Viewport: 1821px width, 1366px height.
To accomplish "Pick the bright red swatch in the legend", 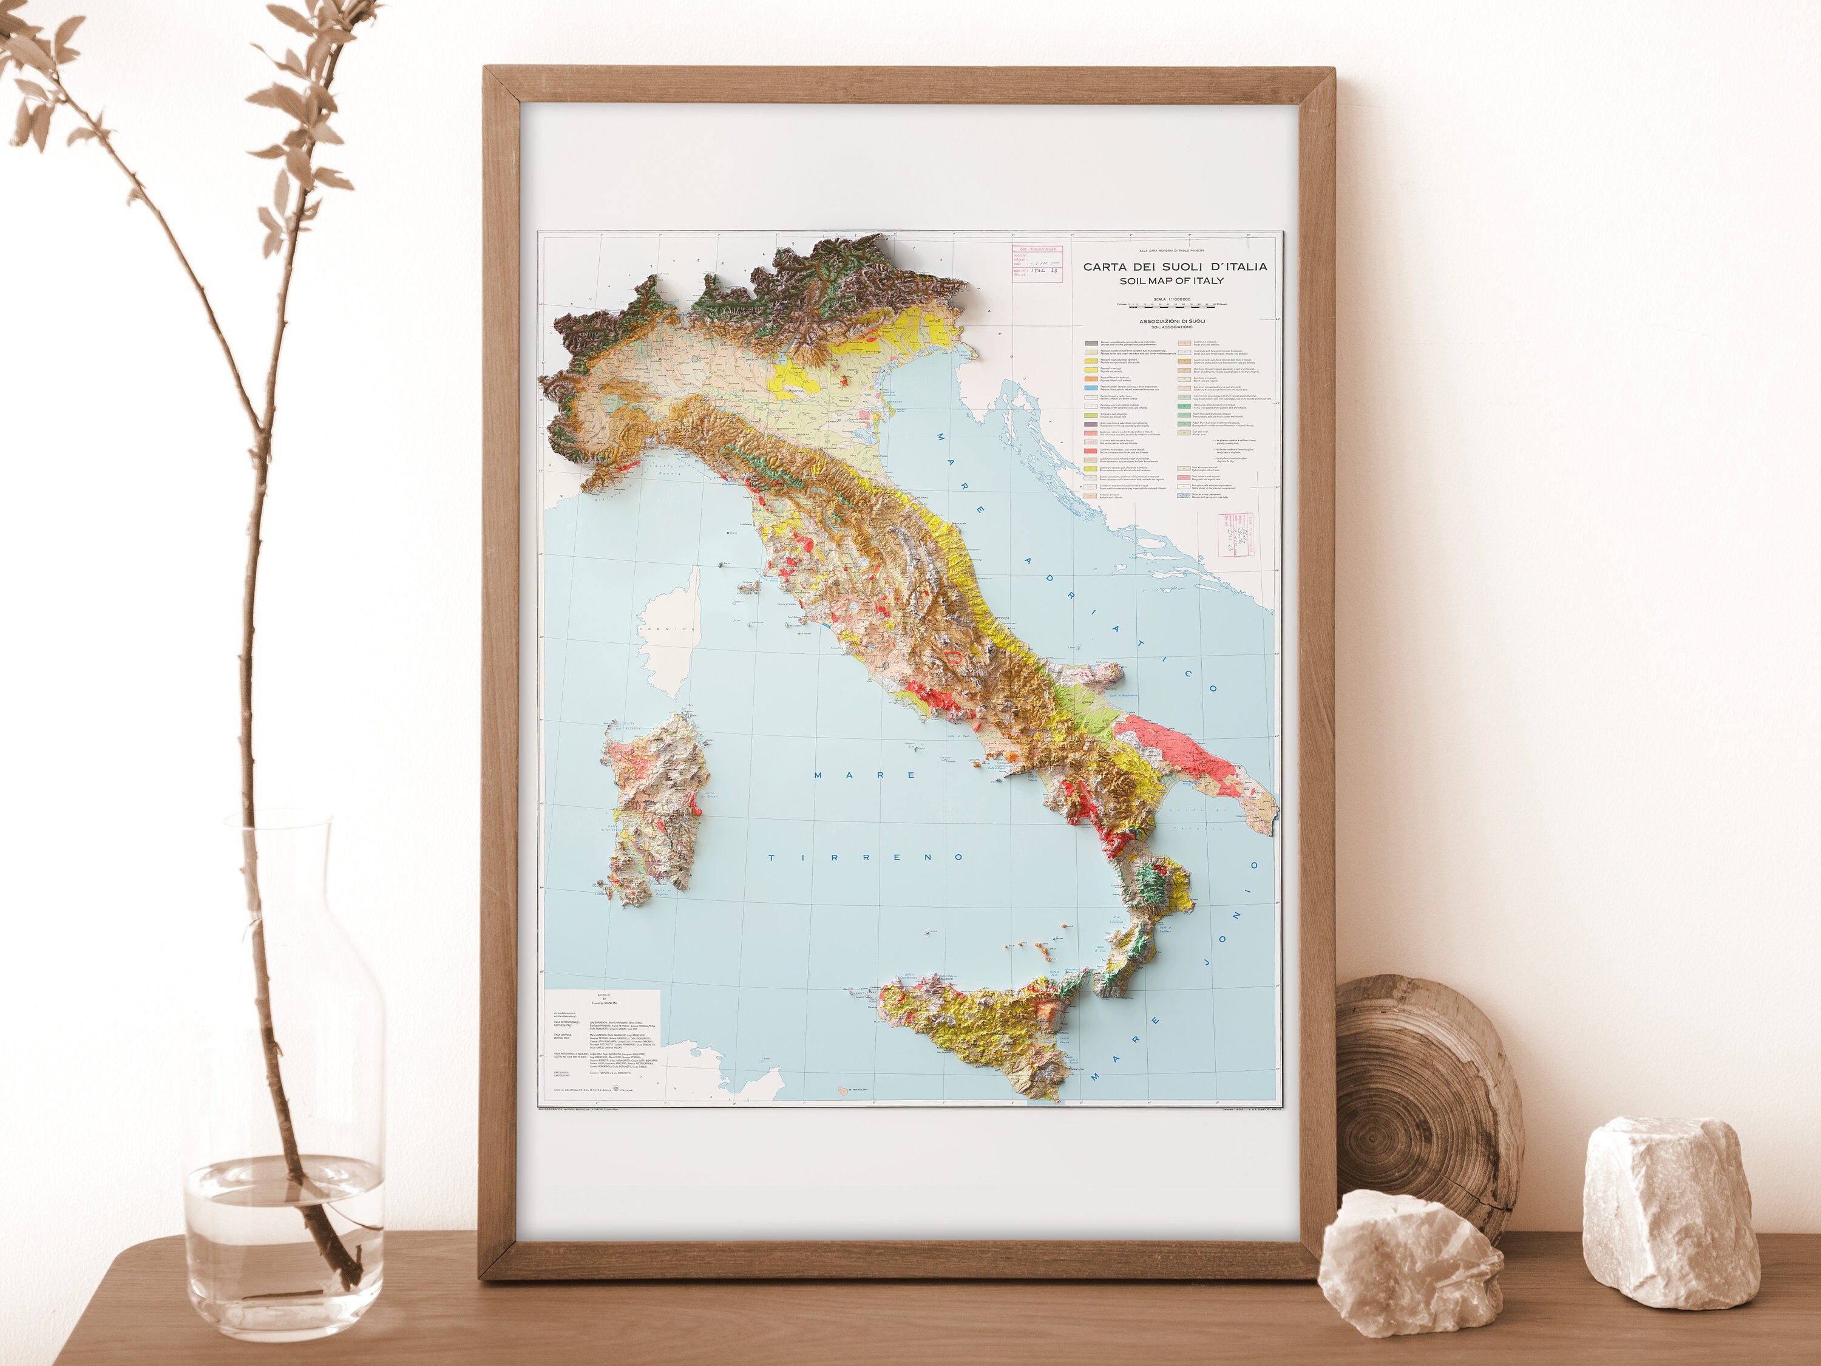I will coord(1091,450).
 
